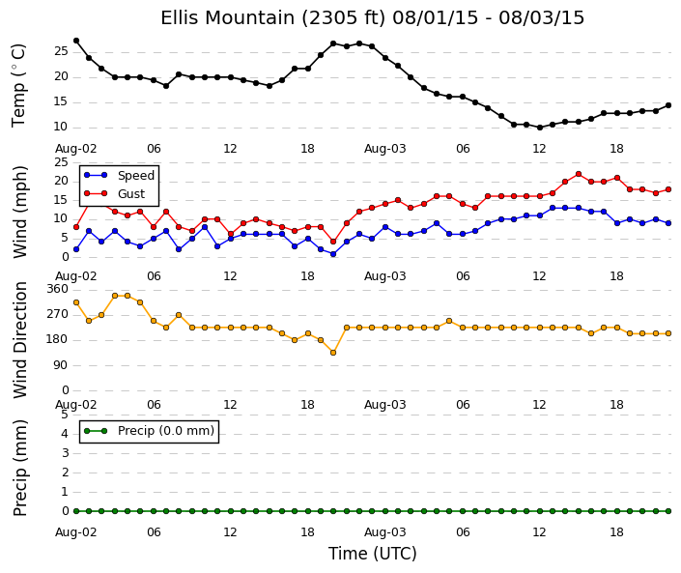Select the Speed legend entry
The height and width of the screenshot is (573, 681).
pos(119,176)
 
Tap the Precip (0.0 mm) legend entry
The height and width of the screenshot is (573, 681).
pos(149,431)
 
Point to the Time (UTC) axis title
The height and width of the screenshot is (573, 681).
pos(372,554)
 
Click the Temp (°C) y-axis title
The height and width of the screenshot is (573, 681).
pos(18,86)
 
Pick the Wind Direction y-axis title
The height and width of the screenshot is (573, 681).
pos(20,340)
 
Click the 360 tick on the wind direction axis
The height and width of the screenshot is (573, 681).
pos(57,289)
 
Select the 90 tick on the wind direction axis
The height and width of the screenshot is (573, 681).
pos(61,365)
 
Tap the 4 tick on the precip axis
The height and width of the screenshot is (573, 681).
pos(65,434)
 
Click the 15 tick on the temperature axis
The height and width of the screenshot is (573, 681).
pos(61,102)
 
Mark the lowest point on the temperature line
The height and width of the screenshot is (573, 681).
pos(540,128)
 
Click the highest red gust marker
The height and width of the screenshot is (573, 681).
pos(578,174)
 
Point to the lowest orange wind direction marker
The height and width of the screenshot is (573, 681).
pos(333,353)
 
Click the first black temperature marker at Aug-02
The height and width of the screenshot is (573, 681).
pos(76,41)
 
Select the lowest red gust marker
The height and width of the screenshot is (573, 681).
pos(333,242)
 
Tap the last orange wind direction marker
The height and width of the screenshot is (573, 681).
pos(668,333)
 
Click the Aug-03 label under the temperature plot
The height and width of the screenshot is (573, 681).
pos(384,149)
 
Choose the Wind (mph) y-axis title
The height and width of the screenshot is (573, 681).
pos(20,212)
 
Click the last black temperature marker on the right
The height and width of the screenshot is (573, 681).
pos(668,105)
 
